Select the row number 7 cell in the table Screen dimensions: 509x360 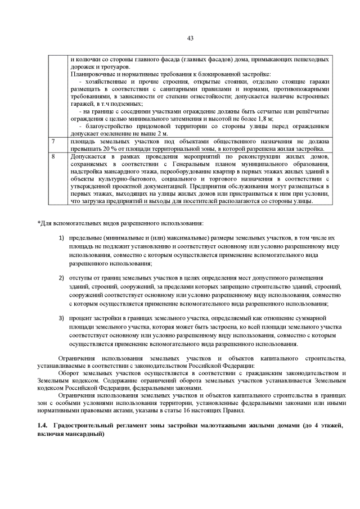pyautogui.click(x=53, y=141)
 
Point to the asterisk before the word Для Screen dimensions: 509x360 pyautogui.click(x=39, y=223)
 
